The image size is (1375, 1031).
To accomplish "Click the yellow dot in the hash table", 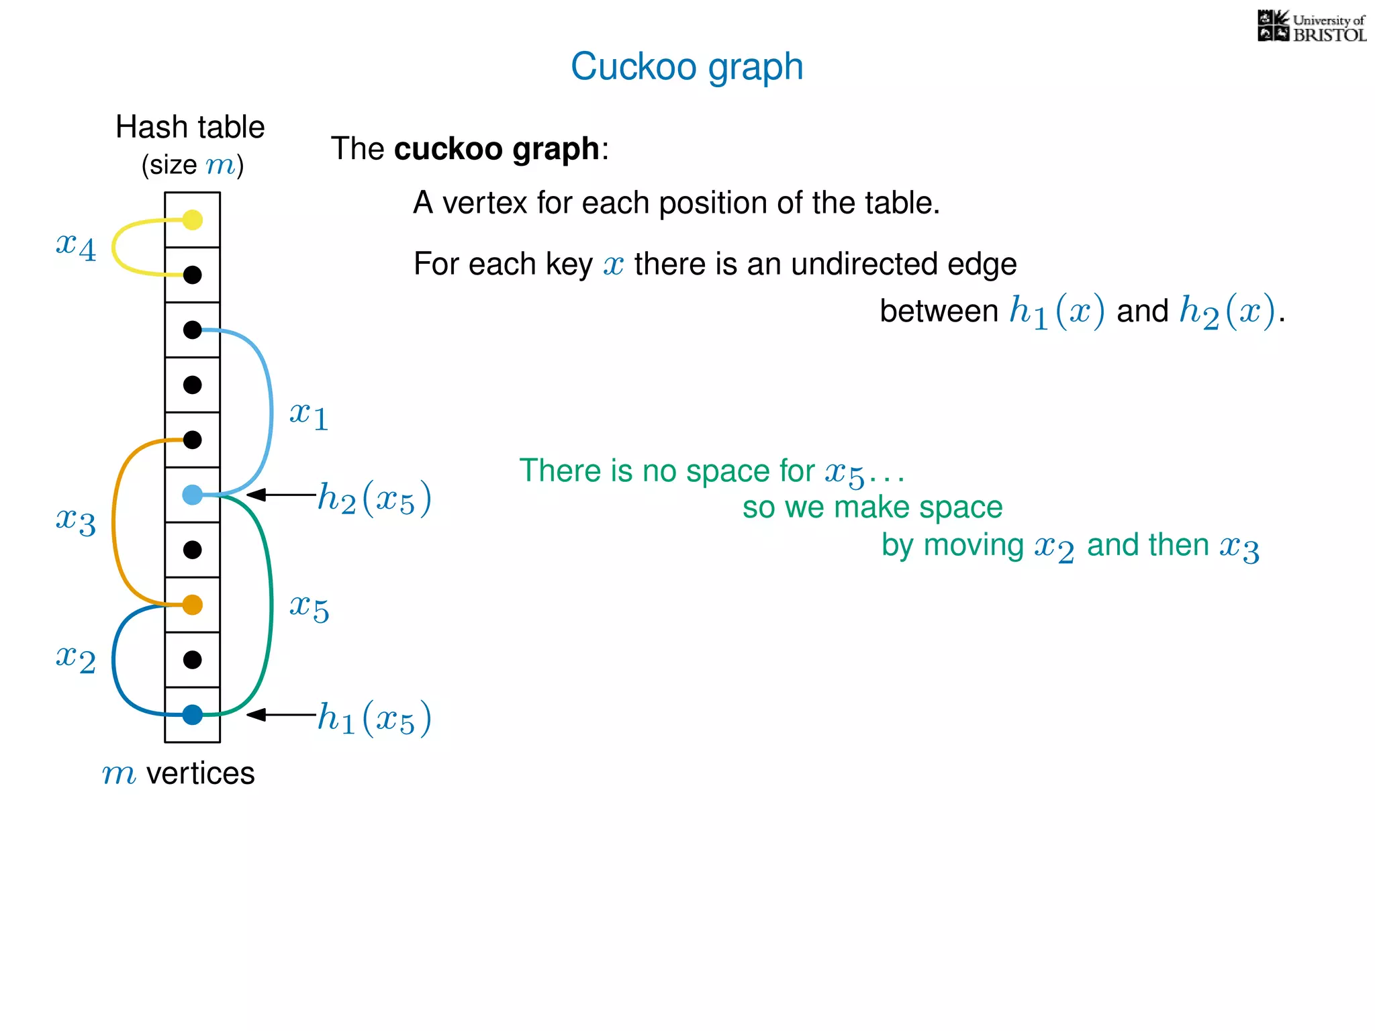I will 193,219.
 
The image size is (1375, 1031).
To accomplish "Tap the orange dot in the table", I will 193,605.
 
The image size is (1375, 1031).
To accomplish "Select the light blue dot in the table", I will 193,495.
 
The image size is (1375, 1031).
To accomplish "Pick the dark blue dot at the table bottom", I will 193,715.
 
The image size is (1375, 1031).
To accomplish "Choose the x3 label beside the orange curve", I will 76,521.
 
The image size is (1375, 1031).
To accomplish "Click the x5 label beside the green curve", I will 309,608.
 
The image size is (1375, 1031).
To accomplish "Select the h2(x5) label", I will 374,499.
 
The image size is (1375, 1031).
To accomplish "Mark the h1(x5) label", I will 374,719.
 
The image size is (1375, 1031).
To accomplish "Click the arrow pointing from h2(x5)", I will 281,495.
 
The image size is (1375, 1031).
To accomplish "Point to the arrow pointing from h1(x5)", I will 281,715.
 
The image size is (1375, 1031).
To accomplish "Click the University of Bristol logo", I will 1311,27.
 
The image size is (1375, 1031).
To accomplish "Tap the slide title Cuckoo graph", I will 687,66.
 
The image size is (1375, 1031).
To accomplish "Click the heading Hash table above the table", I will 190,127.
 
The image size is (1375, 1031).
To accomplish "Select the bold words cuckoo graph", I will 496,149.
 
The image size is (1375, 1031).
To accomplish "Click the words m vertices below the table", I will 179,773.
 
